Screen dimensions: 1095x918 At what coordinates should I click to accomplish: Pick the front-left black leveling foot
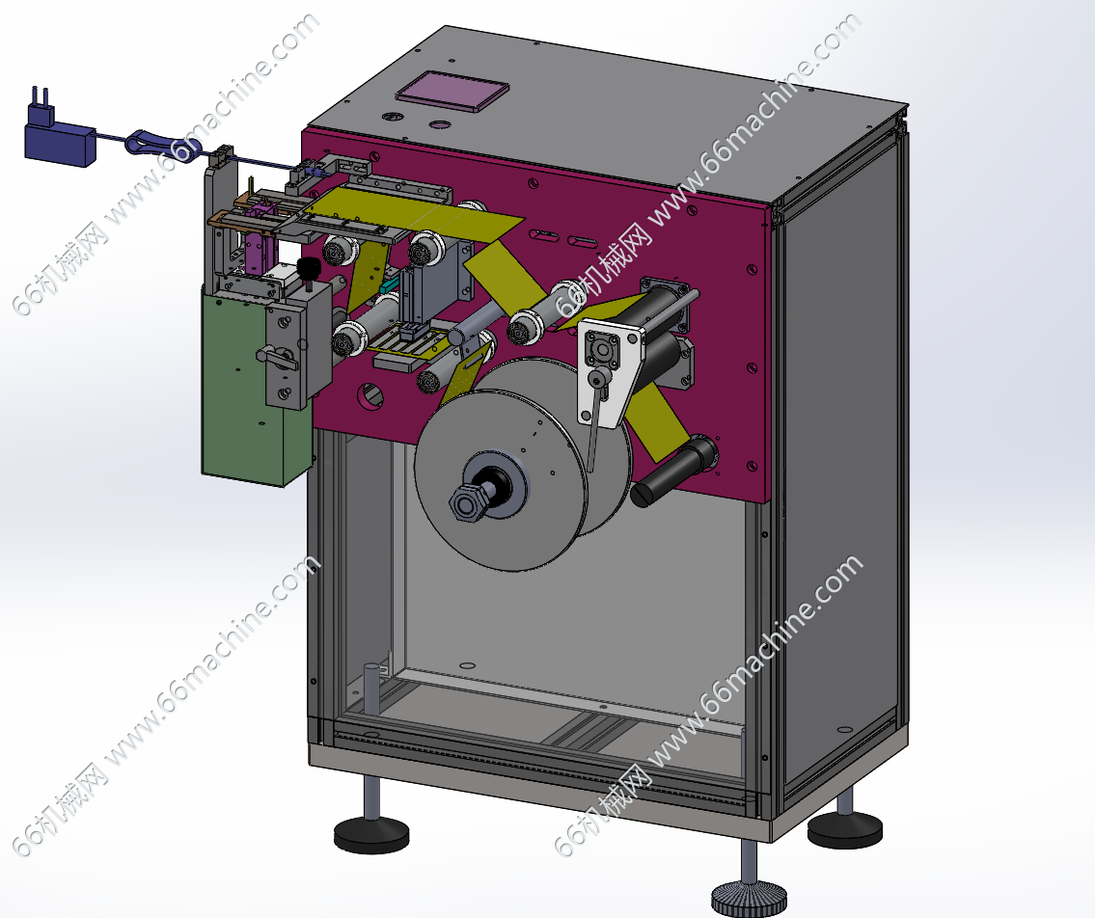tap(370, 833)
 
